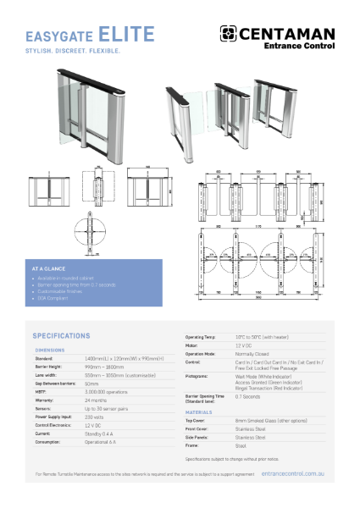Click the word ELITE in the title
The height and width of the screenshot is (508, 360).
pyautogui.click(x=127, y=35)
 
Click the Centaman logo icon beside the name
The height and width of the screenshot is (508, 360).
pyautogui.click(x=228, y=33)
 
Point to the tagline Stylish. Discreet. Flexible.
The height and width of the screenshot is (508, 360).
pyautogui.click(x=74, y=51)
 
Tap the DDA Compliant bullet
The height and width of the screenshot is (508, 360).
pyautogui.click(x=56, y=298)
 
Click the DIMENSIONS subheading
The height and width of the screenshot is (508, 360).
pyautogui.click(x=50, y=350)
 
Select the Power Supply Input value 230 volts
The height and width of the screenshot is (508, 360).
pyautogui.click(x=94, y=417)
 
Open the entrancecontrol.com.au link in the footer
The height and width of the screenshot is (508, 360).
pyautogui.click(x=292, y=475)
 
